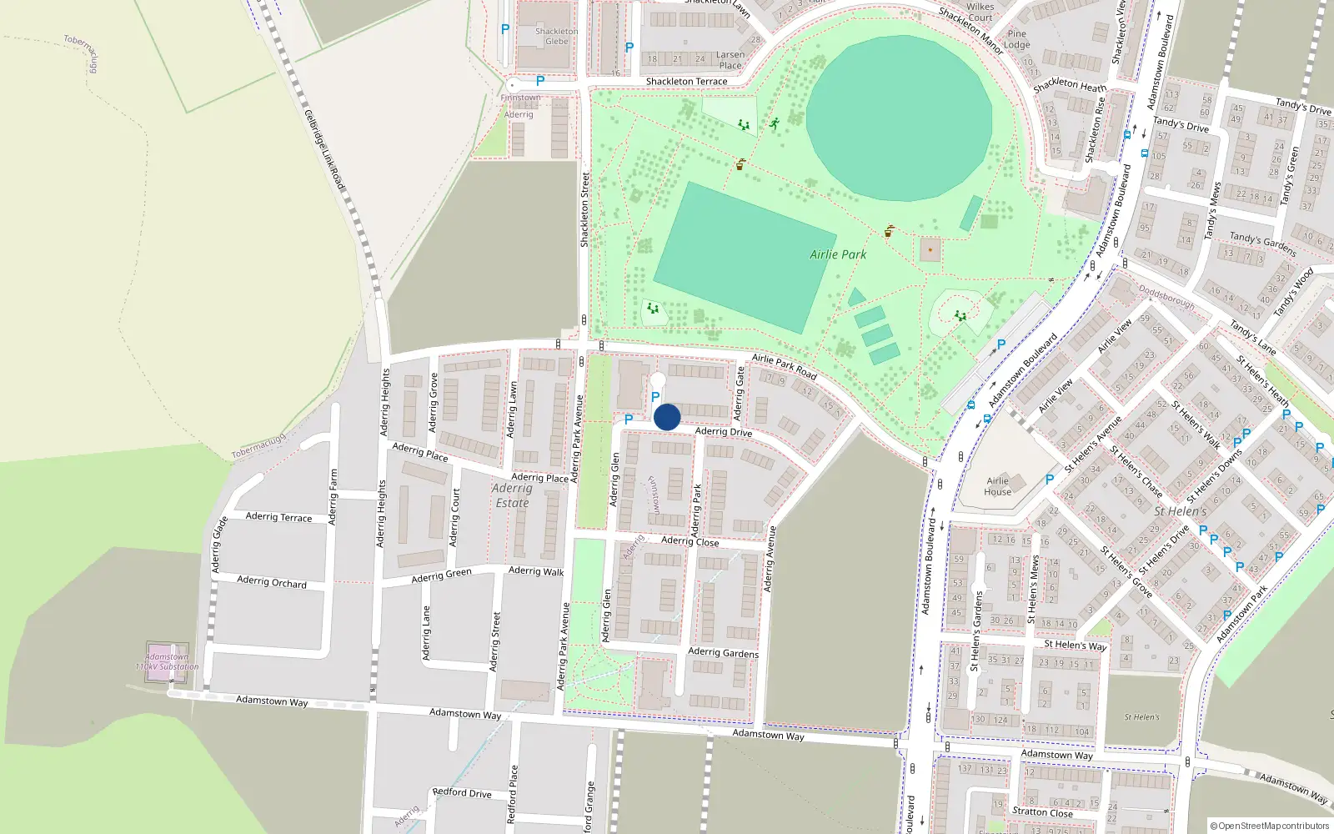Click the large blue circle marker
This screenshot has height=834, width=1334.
click(x=667, y=417)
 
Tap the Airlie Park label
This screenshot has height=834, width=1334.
click(x=838, y=254)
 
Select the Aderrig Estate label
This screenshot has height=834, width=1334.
click(x=512, y=495)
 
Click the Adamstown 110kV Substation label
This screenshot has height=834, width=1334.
click(x=167, y=661)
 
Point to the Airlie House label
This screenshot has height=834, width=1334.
click(x=998, y=486)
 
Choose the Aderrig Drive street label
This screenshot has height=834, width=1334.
click(x=723, y=431)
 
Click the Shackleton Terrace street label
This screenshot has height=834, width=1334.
click(x=686, y=82)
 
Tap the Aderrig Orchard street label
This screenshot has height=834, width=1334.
click(x=272, y=581)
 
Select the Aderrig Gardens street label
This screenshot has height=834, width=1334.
click(x=723, y=653)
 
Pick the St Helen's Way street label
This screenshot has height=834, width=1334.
click(x=1075, y=645)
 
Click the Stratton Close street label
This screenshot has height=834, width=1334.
click(x=1042, y=811)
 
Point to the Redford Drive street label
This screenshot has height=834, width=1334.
click(x=462, y=792)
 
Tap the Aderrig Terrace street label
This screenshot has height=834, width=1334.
click(x=278, y=517)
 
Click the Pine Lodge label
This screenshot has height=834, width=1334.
click(x=1016, y=39)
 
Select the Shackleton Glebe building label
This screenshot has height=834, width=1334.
click(x=556, y=36)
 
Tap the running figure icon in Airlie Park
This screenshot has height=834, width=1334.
click(x=775, y=123)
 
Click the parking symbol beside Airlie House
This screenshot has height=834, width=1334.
click(x=1050, y=480)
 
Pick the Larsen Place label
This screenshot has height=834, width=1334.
click(x=730, y=60)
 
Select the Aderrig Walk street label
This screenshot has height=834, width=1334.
click(x=536, y=571)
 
